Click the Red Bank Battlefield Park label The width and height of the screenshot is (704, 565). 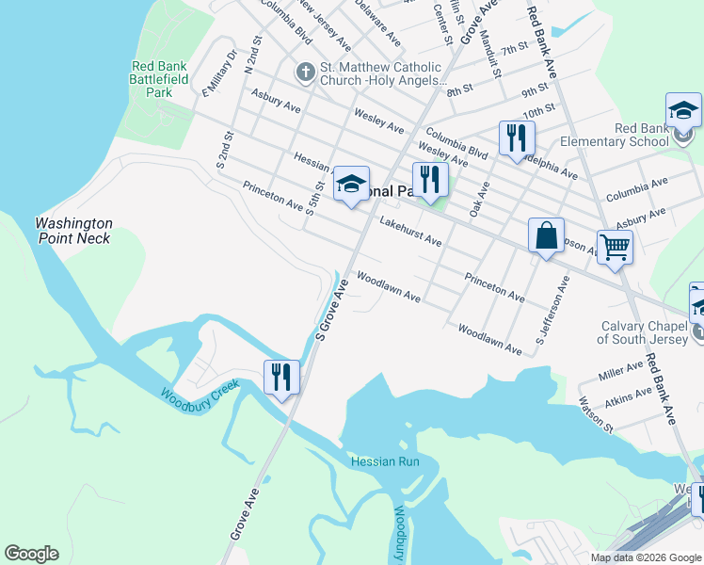coord(159,80)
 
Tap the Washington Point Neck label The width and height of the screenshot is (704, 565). coord(73,231)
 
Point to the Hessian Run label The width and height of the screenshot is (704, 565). coord(384,461)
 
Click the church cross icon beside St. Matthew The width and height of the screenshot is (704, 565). coord(304,72)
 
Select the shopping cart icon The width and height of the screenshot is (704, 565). coord(615,247)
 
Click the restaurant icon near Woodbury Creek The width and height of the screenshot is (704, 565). coord(281,377)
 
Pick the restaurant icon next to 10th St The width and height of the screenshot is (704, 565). coord(516,137)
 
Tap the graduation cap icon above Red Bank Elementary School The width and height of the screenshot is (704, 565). coord(683,110)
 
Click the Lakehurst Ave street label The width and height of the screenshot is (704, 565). coord(410,234)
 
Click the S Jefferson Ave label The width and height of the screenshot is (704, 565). coord(553,310)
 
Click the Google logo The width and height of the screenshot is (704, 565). coord(31,553)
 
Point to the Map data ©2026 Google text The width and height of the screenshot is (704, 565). coord(646,557)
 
